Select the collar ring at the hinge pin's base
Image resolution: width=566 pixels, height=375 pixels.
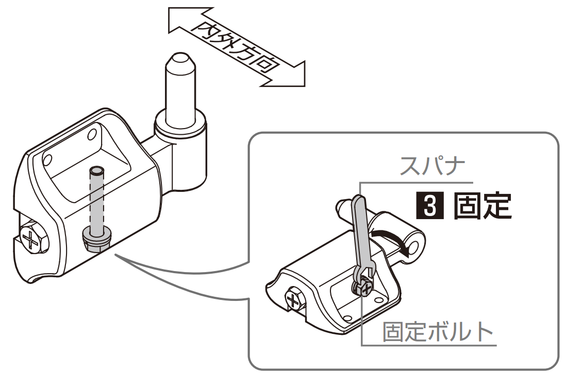click(180, 126)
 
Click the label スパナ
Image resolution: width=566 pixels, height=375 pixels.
click(433, 166)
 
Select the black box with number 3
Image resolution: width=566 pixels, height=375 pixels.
click(430, 206)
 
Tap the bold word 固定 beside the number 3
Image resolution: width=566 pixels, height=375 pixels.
click(482, 206)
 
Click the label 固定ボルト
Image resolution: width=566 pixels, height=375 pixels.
click(438, 332)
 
